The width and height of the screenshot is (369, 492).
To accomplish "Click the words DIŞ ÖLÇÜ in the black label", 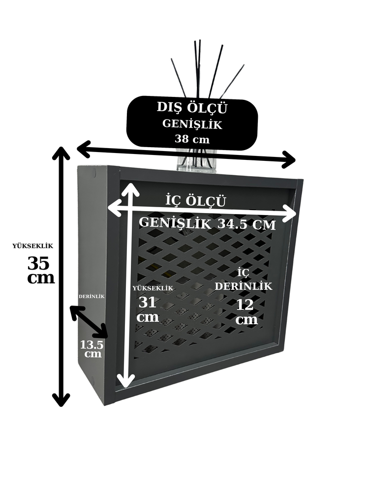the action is [x=192, y=108].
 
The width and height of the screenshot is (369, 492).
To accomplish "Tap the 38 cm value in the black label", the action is [x=192, y=139].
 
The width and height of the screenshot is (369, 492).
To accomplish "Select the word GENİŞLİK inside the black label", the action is [x=192, y=124].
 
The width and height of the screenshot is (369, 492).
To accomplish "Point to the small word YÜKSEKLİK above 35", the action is [x=33, y=246].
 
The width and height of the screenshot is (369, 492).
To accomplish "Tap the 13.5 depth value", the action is [x=92, y=345].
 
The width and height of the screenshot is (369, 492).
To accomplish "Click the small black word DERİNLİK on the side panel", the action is [x=92, y=296].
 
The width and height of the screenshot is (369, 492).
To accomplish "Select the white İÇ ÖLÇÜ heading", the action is [x=195, y=201].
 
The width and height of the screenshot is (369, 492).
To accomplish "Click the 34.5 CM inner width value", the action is [x=246, y=224].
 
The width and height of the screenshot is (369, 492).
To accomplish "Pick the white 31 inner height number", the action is [x=147, y=303].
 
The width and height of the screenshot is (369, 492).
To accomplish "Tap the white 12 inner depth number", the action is [x=245, y=305].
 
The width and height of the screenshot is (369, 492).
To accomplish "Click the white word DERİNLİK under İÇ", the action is [x=244, y=286].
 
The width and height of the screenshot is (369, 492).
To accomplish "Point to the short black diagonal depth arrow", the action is [x=89, y=322].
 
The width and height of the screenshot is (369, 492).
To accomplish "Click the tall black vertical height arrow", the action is [x=61, y=277].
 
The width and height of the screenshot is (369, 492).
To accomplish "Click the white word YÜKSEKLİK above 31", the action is [x=153, y=288].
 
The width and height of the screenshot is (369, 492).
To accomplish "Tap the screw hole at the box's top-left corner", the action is [x=94, y=172].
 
